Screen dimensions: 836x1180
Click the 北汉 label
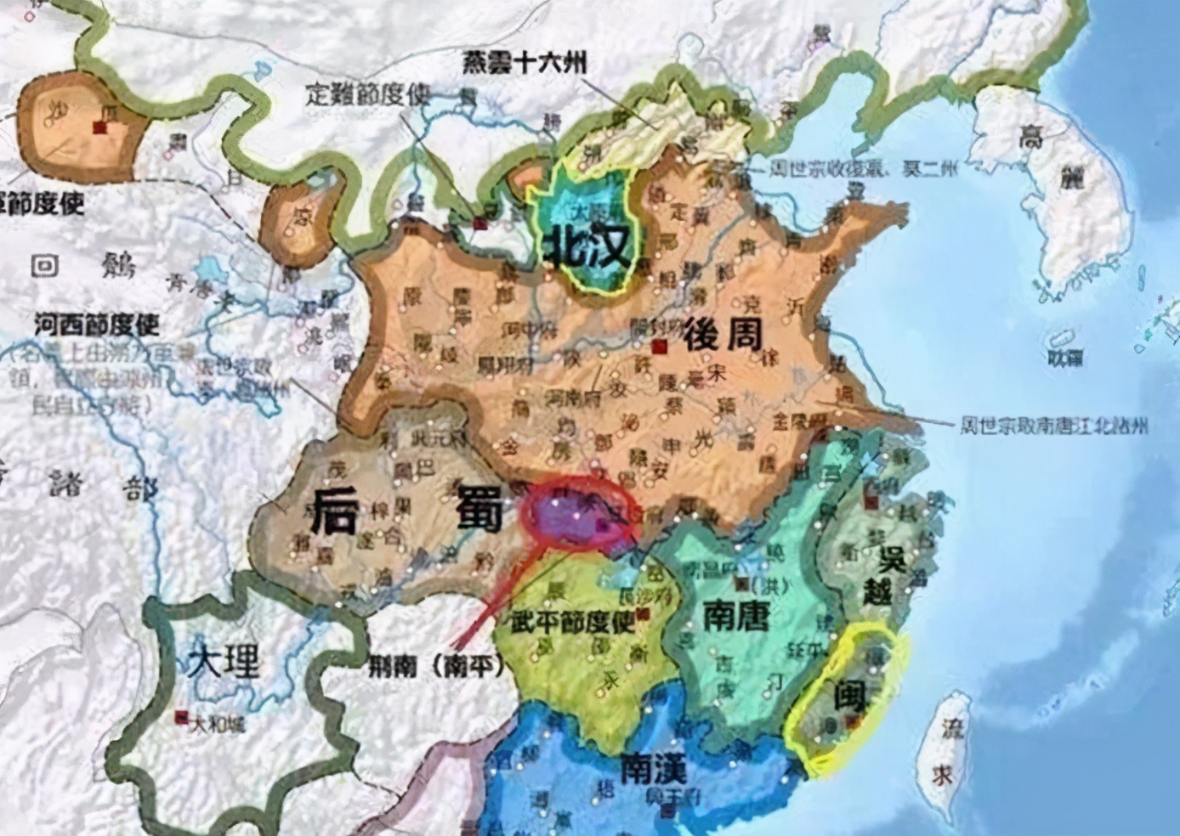click(x=590, y=247)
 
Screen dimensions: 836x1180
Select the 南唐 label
click(x=736, y=618)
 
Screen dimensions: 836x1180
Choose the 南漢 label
click(x=653, y=769)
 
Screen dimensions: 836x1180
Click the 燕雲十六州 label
click(x=525, y=63)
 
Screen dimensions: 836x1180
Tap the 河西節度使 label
click(x=97, y=325)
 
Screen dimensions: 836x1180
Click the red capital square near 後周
click(x=658, y=347)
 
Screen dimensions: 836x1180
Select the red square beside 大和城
click(x=180, y=717)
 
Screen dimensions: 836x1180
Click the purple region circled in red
click(x=575, y=516)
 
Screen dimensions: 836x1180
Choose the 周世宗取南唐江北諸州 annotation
click(x=1052, y=424)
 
